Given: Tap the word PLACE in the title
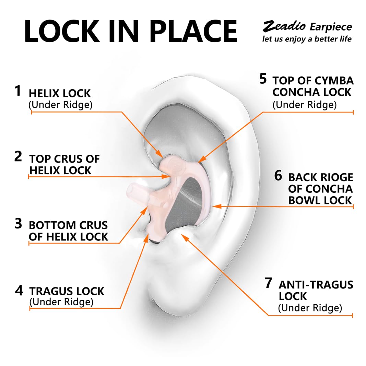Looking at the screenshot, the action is tap(193, 31).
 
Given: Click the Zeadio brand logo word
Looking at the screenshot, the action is tap(284, 26).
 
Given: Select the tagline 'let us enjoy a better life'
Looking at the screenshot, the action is tap(307, 39).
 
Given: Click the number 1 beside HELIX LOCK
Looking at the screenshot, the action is tap(18, 91).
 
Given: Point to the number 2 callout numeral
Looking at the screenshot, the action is tap(18, 156).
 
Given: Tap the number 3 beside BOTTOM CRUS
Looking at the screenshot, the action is tap(18, 223).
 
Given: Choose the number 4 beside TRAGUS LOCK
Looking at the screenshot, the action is tap(19, 290).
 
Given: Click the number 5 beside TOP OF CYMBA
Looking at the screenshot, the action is tap(263, 79).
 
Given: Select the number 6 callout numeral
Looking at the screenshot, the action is tap(278, 176).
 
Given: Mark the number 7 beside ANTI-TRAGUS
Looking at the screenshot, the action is tap(269, 283).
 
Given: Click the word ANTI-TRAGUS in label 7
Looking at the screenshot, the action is tap(316, 285).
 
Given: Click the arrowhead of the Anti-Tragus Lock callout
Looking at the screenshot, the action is tap(185, 237).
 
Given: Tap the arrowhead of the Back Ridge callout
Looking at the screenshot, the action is tap(216, 206).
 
